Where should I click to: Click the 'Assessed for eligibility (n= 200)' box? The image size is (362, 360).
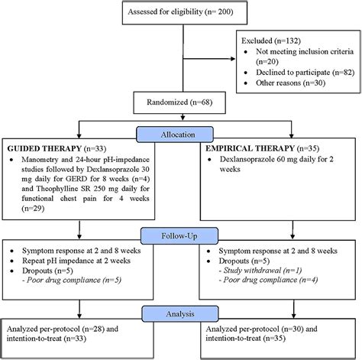point(185,13)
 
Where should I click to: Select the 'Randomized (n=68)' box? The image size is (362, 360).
point(179,102)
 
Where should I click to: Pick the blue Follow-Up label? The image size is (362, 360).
point(179,236)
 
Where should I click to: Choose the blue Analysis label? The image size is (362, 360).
point(180,314)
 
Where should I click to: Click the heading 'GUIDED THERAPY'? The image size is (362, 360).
point(44,148)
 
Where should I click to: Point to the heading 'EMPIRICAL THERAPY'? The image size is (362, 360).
point(250,148)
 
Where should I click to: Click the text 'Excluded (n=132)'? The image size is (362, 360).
point(271,41)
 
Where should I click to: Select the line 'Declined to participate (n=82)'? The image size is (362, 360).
point(305,73)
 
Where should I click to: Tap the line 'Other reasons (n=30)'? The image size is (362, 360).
point(291,83)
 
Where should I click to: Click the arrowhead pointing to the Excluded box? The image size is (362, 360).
point(233,59)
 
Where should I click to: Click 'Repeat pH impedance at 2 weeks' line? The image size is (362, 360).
point(76,261)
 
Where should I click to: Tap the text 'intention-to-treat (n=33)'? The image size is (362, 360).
point(47,339)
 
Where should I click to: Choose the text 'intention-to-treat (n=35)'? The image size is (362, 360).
point(245,339)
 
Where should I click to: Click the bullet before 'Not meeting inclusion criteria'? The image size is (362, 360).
point(245,52)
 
